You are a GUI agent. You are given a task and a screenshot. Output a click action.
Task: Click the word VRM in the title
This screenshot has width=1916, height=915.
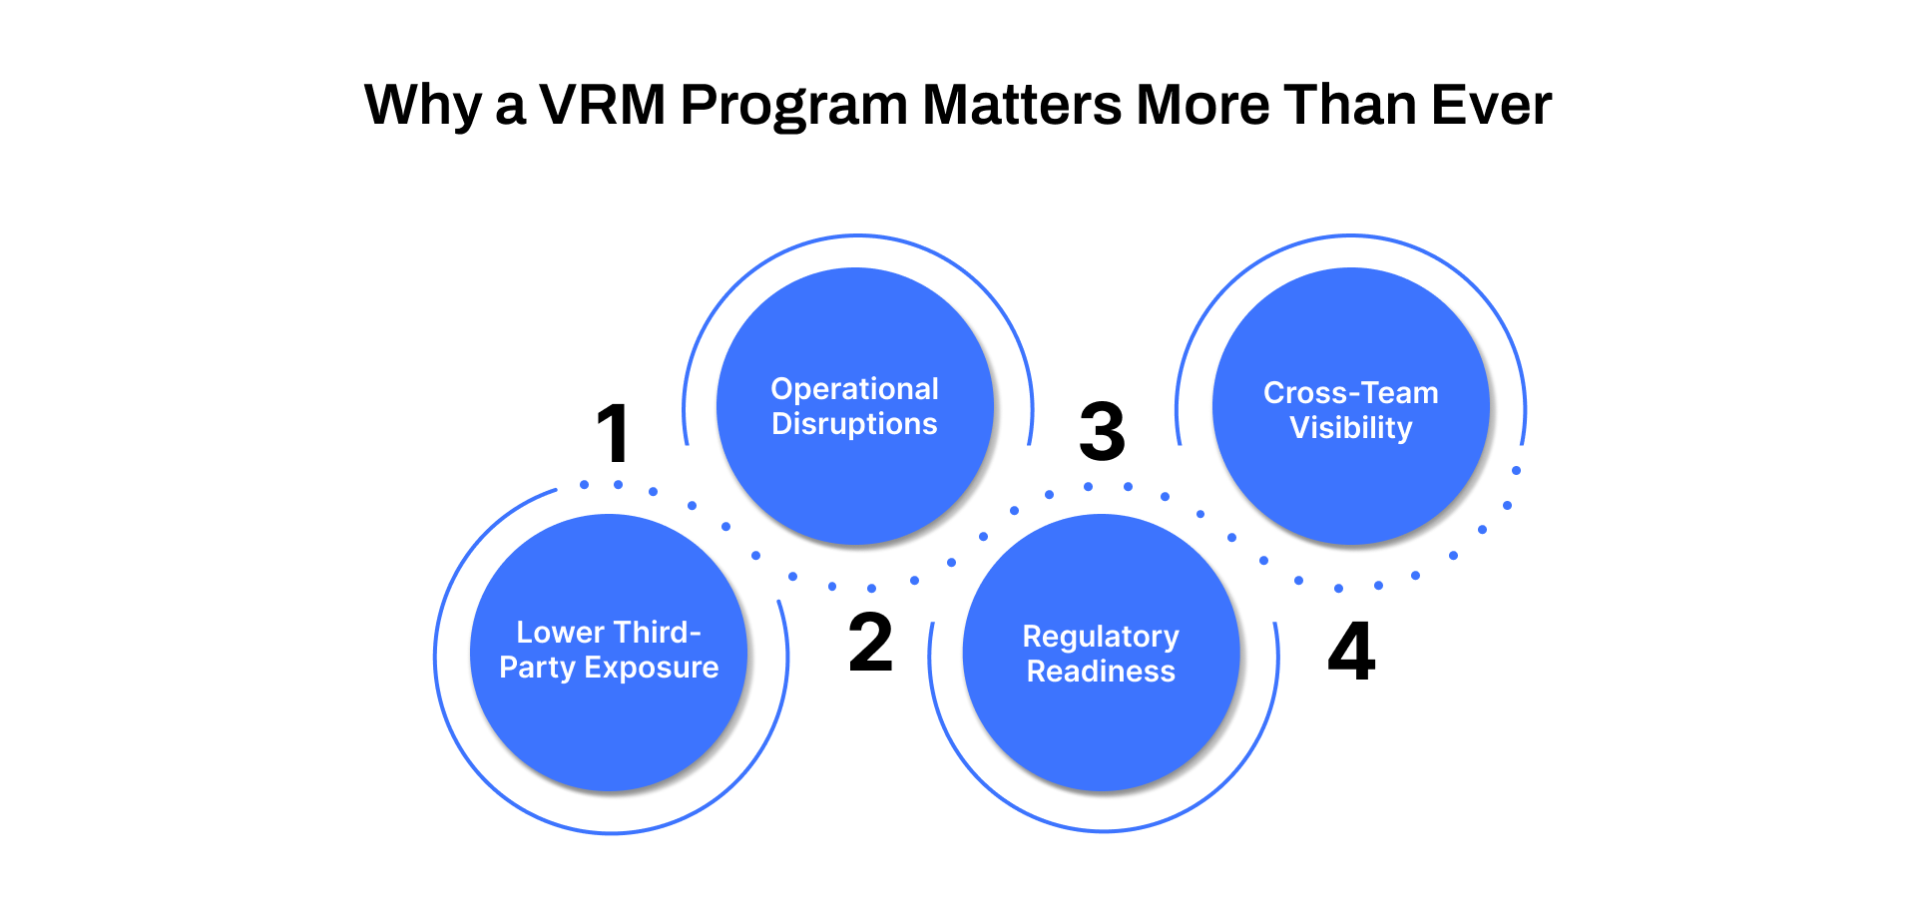603,105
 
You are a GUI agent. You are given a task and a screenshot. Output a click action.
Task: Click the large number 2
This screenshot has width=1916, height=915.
870,643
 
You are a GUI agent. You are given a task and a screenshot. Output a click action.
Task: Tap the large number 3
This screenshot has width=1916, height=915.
1102,433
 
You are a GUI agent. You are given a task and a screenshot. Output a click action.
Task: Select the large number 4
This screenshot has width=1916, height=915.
1351,652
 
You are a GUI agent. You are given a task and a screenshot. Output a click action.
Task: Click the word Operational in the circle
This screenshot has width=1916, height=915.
854,389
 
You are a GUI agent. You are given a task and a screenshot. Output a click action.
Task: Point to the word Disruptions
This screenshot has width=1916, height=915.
854,424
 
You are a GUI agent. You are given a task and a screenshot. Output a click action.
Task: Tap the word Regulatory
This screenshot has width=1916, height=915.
1101,637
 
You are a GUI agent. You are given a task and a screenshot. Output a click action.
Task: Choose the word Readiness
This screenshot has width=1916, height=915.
1101,672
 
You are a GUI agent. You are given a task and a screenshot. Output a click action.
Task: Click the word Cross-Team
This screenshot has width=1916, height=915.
1351,393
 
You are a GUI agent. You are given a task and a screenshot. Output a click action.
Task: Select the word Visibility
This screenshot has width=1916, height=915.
1351,428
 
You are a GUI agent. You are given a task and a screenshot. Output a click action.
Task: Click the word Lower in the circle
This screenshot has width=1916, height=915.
560,633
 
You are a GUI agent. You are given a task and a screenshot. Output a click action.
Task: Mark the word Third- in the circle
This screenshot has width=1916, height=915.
657,633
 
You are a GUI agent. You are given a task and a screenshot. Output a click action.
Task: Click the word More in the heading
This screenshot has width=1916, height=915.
1202,105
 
